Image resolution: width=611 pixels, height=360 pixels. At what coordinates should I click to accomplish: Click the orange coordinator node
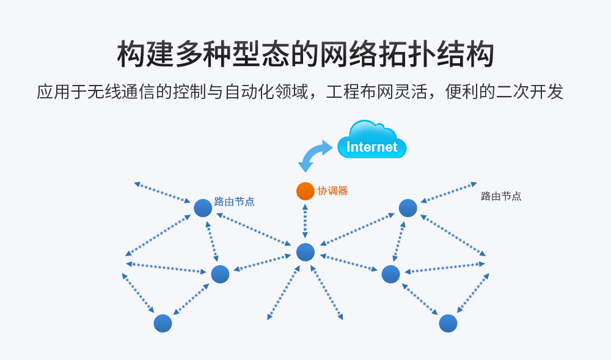coord(305,191)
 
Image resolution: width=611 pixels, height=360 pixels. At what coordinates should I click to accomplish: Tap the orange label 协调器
coord(332,191)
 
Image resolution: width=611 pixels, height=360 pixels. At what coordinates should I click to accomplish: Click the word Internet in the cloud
coord(371,147)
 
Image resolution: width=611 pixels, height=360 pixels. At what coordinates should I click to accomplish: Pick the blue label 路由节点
coord(234,201)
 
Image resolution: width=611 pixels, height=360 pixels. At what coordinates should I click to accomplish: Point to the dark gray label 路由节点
coord(501,196)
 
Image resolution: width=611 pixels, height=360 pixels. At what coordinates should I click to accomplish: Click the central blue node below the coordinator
coord(305,252)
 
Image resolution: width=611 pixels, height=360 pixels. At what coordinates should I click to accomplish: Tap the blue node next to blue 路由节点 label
coord(203,208)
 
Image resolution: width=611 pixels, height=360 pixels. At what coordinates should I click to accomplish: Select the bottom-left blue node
coord(163,323)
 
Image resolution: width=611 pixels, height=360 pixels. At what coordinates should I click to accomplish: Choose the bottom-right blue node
coord(448,323)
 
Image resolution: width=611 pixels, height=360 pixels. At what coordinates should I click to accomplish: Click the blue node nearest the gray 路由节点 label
coord(408,208)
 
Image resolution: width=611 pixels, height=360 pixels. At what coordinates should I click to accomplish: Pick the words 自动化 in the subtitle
coord(250,92)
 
